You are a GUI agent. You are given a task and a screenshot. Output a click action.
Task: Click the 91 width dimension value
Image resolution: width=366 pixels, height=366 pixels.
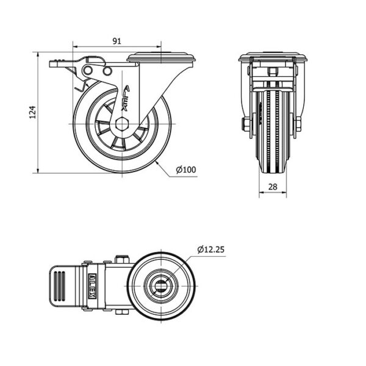click(117, 41)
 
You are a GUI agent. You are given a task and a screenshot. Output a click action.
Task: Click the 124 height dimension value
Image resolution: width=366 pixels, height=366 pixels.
click(33, 112)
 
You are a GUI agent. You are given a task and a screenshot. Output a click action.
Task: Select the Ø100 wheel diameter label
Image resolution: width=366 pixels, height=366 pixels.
click(186, 170)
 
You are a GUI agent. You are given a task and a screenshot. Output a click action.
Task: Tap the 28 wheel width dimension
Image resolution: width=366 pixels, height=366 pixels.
click(273, 187)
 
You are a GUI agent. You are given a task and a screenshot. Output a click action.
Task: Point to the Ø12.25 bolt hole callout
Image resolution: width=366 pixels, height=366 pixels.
click(211, 249)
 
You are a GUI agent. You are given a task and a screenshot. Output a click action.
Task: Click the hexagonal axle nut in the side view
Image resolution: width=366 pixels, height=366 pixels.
click(122, 124)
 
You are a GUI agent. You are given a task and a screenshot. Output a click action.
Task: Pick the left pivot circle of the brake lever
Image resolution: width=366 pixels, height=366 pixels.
click(88, 70)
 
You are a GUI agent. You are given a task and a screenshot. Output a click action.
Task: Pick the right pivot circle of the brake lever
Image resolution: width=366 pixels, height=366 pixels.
click(107, 71)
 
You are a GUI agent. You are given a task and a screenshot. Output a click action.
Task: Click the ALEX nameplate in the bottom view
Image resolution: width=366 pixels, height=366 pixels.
click(93, 286)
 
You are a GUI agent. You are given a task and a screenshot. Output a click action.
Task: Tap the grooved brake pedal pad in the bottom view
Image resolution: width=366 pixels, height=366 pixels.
click(60, 286)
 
